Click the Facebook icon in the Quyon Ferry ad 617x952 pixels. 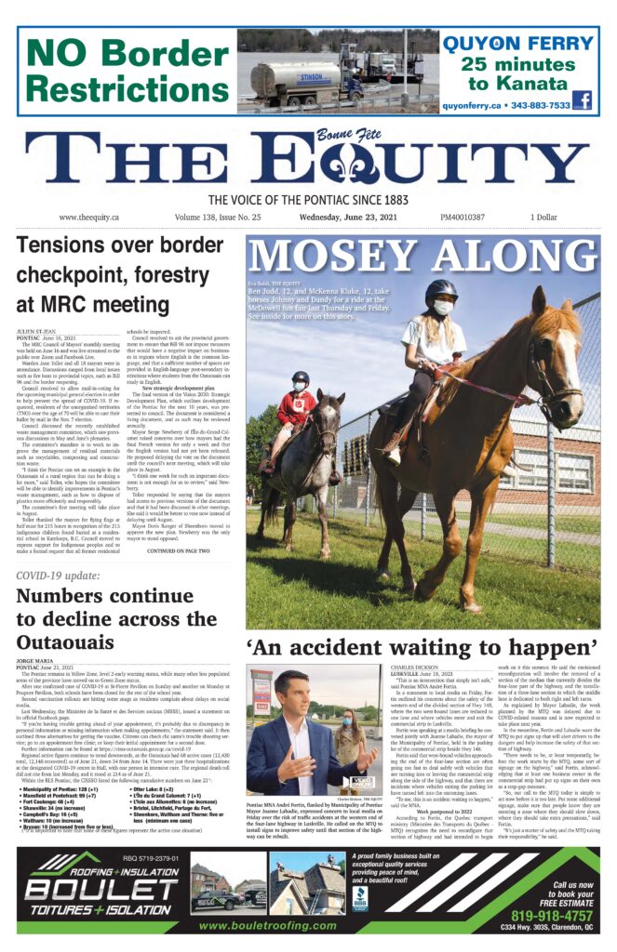coord(583,101)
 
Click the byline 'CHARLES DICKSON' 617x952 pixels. coord(417,667)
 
